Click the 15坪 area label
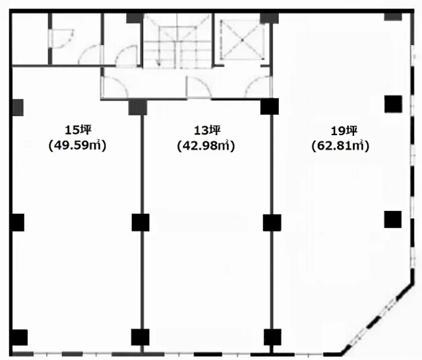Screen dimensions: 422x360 coord(78,131)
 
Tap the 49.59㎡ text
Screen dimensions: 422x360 coord(78,146)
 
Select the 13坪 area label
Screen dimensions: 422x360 coord(207,131)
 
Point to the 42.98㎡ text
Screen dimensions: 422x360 coord(206,146)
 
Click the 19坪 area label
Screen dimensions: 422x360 coord(344,131)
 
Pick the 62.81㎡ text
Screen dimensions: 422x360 coord(340,146)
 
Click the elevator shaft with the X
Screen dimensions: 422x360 coord(242,40)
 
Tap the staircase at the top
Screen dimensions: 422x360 coord(177,40)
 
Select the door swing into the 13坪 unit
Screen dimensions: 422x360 coord(198,86)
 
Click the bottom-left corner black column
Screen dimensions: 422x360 coord(20,338)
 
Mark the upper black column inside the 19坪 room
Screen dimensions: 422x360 coord(393,104)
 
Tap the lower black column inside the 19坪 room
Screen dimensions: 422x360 coord(393,220)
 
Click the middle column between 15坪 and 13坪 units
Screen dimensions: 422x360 coord(140,222)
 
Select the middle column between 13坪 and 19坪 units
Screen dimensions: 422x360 coord(272,223)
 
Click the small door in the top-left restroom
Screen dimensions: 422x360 coord(63,38)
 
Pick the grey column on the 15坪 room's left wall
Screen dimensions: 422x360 coord(18,107)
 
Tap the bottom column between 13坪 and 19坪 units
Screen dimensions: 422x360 coord(272,337)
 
